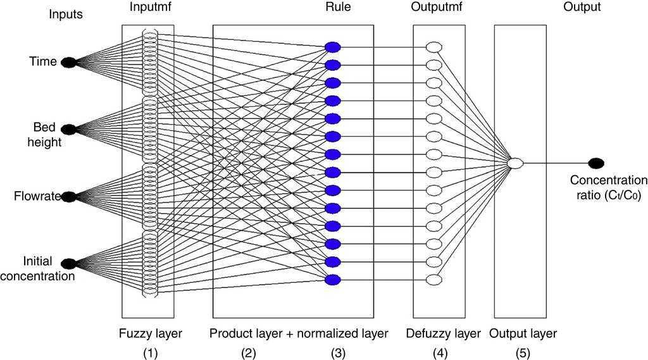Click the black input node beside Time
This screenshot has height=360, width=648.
coord(68,62)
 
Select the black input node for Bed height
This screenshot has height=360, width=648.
coord(68,129)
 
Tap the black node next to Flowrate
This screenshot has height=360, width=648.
coord(68,197)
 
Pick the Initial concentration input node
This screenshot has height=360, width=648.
coord(68,263)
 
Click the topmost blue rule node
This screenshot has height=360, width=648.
coord(332,47)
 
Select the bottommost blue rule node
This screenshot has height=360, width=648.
coord(332,280)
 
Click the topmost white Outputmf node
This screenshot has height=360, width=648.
coord(434,47)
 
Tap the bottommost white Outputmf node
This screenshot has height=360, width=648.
coord(434,280)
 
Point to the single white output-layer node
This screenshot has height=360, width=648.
coord(516,163)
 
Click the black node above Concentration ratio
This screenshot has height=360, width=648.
coord(595,163)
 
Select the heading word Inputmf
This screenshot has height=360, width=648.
coord(150,8)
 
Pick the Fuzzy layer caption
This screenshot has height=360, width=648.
coord(150,333)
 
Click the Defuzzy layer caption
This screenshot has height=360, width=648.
coord(443,333)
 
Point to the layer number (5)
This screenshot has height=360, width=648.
coord(522,354)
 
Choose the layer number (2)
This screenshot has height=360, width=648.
coord(248,354)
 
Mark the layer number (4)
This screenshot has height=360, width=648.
coord(440,354)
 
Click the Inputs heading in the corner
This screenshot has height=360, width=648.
coord(66,14)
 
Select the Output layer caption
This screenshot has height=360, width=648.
coord(523,333)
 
